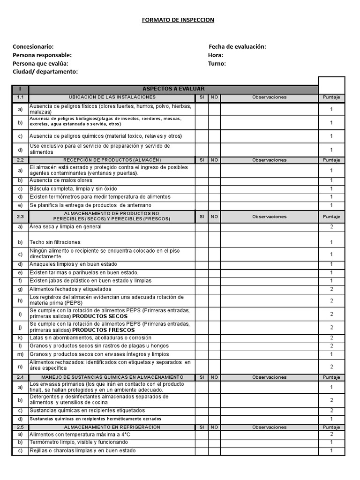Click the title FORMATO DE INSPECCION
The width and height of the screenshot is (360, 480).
tap(178, 20)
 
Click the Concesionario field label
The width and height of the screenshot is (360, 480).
tap(33, 46)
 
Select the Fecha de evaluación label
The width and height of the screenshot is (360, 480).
tap(237, 46)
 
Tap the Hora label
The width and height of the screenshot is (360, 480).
tap(216, 55)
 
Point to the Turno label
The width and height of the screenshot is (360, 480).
tap(217, 63)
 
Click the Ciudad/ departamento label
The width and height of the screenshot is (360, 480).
tap(45, 71)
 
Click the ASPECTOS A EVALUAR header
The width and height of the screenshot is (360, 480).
tap(173, 89)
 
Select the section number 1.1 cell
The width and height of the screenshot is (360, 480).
tap(20, 97)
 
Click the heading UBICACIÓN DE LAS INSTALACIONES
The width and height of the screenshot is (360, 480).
tap(112, 97)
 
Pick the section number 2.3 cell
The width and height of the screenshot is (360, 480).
tap(20, 217)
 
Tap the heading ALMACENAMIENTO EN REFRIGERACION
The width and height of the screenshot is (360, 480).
tap(112, 427)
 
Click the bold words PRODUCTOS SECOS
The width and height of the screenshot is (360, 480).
tap(100, 316)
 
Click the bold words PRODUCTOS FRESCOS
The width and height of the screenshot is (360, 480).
tap(104, 330)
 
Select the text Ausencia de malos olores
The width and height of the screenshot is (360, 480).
tap(61, 180)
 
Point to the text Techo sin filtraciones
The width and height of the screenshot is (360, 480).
tap(55, 242)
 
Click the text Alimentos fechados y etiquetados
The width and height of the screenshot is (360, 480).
tap(70, 289)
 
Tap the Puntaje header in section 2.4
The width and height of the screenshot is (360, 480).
tap(331, 377)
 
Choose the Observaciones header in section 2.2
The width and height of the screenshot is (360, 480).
tap(269, 160)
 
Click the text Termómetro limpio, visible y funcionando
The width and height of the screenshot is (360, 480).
tap(78, 442)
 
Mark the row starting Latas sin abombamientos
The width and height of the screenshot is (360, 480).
tap(90, 338)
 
